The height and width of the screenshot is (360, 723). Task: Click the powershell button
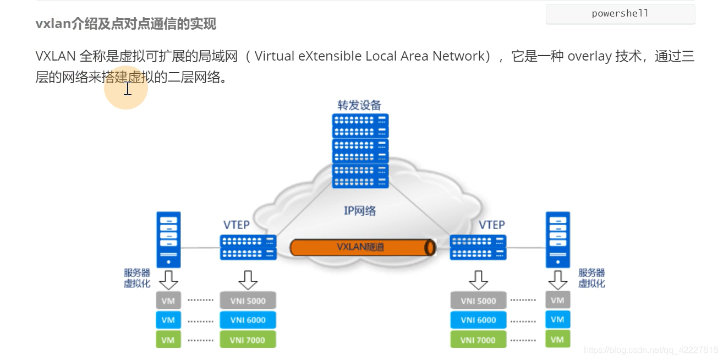pyautogui.click(x=620, y=14)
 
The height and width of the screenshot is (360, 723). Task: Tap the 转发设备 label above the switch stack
pyautogui.click(x=359, y=105)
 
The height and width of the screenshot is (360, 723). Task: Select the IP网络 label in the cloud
pyautogui.click(x=359, y=210)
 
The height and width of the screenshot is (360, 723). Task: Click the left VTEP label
pyautogui.click(x=237, y=225)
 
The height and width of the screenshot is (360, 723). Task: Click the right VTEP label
pyautogui.click(x=491, y=225)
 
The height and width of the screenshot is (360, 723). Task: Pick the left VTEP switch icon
pyautogui.click(x=248, y=247)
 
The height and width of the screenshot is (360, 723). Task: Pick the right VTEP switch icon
pyautogui.click(x=478, y=247)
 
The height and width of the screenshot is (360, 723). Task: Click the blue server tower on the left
pyautogui.click(x=169, y=240)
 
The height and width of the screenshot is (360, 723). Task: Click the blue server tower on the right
pyautogui.click(x=557, y=240)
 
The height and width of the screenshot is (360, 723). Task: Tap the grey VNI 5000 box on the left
pyautogui.click(x=248, y=301)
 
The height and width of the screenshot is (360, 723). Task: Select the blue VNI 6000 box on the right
pyautogui.click(x=478, y=320)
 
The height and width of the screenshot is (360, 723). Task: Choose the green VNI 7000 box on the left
pyautogui.click(x=248, y=340)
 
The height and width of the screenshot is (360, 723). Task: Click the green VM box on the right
pyautogui.click(x=557, y=339)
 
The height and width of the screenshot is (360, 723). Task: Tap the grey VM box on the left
pyautogui.click(x=168, y=301)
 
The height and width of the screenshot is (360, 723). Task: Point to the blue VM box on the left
pyautogui.click(x=168, y=320)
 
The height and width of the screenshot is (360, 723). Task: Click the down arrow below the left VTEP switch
pyautogui.click(x=248, y=280)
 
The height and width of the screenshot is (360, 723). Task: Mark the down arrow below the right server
pyautogui.click(x=557, y=280)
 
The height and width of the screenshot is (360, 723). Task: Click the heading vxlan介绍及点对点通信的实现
pyautogui.click(x=126, y=24)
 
